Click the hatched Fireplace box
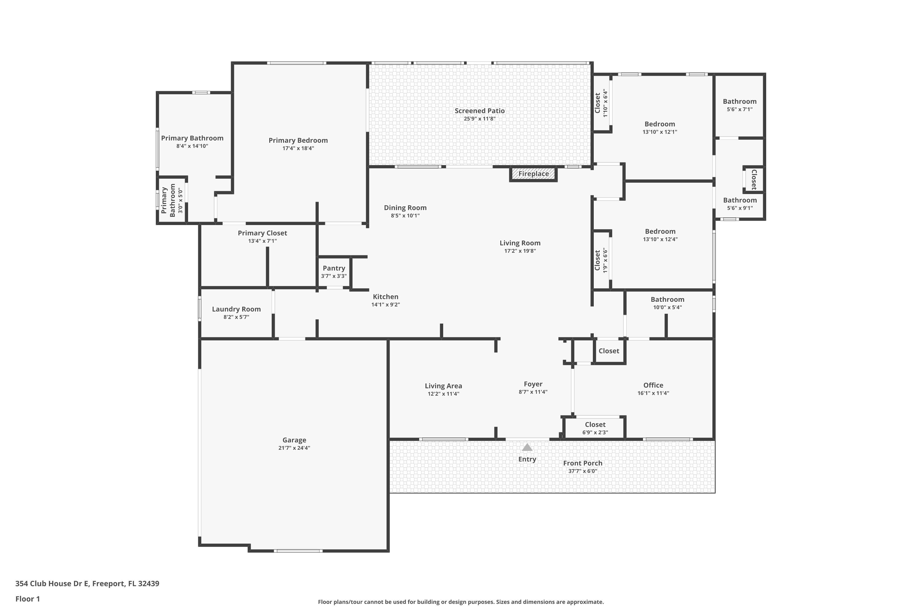(x=533, y=174)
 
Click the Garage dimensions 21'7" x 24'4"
(x=294, y=448)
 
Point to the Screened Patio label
(x=479, y=111)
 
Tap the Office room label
(x=653, y=385)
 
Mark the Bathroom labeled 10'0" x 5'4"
(x=667, y=300)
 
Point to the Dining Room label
(x=405, y=208)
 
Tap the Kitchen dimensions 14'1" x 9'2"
(x=385, y=305)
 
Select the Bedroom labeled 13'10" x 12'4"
(x=660, y=231)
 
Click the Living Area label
(x=443, y=386)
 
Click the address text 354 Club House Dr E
(x=53, y=584)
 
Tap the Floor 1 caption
(x=27, y=599)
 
